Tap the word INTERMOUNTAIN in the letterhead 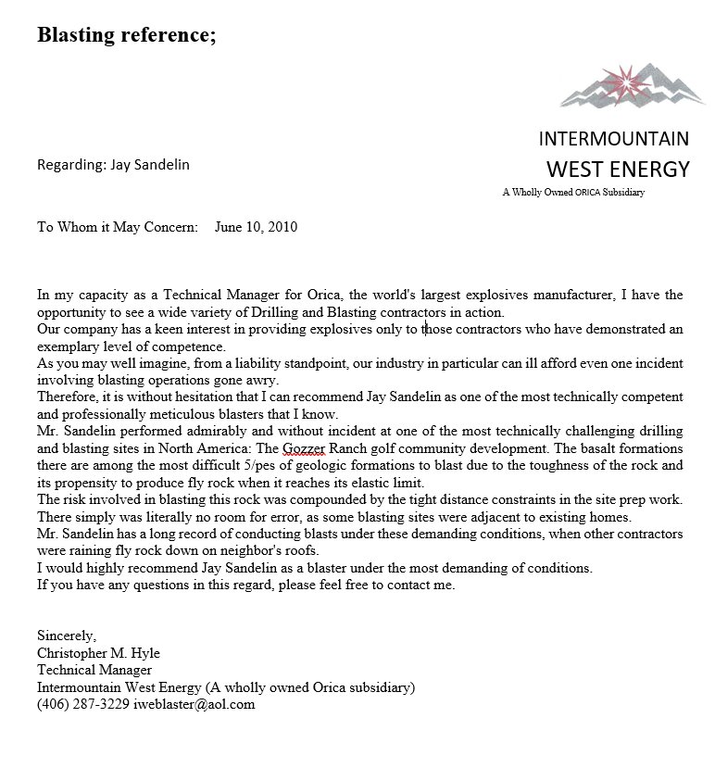click(613, 139)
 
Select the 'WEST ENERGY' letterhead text click(618, 169)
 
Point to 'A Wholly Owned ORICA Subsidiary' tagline click(572, 193)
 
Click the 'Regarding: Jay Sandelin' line click(113, 165)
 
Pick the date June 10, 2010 click(256, 226)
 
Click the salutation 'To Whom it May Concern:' click(118, 226)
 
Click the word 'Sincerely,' click(67, 636)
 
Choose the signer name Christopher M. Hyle click(98, 653)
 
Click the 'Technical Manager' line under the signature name click(94, 670)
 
